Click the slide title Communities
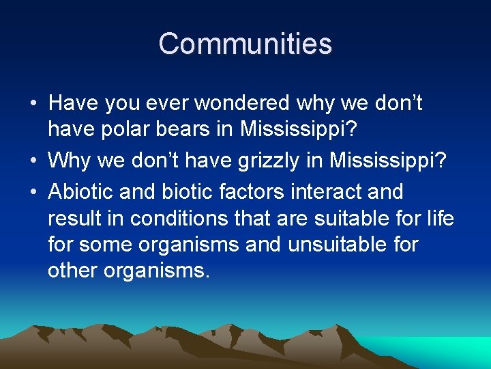245,44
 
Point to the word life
438,218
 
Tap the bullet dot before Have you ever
33,104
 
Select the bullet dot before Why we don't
33,161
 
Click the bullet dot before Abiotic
33,193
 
